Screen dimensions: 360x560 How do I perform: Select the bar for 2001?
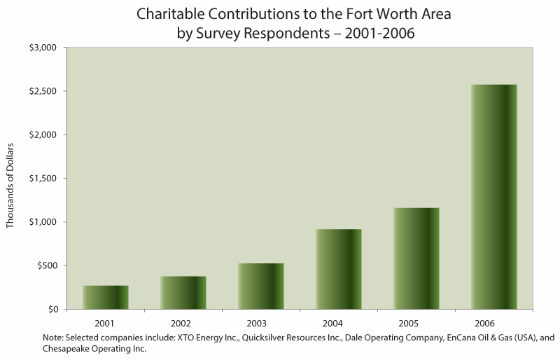[106, 297]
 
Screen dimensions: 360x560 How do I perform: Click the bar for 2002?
[183, 293]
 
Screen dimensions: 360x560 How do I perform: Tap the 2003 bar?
[261, 286]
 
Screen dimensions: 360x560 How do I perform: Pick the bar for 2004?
[339, 269]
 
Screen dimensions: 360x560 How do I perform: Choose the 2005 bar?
[416, 258]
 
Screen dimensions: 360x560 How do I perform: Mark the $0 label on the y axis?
[53, 309]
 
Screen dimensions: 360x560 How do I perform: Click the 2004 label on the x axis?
[339, 323]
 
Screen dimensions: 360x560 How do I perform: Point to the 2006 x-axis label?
[494, 323]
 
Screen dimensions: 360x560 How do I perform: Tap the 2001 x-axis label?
[106, 323]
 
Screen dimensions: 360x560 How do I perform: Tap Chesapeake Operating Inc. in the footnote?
[94, 349]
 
